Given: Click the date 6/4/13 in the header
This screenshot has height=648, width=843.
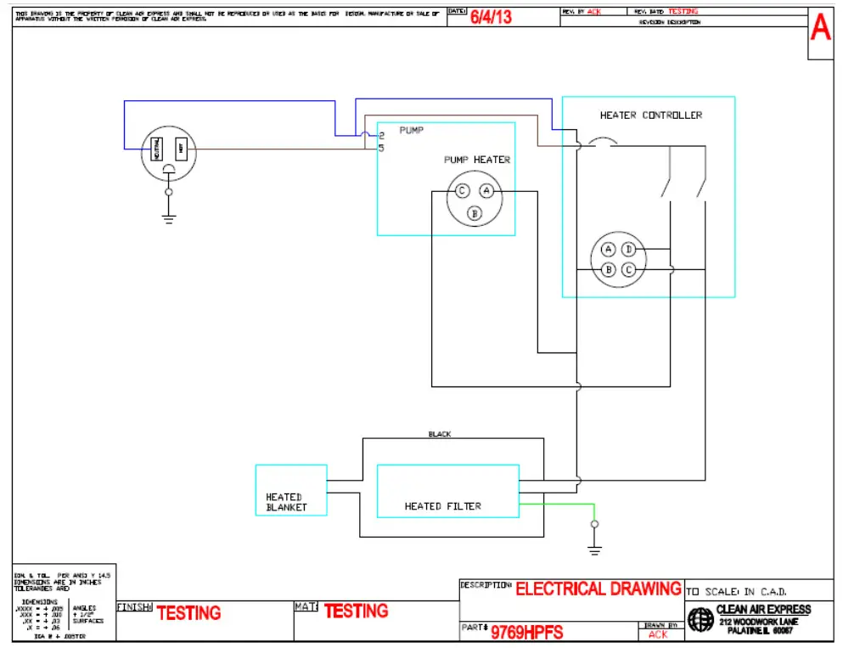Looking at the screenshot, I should (x=492, y=17).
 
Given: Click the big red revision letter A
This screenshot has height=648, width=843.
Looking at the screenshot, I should (x=820, y=29).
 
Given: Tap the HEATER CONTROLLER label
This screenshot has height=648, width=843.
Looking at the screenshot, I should (x=650, y=116).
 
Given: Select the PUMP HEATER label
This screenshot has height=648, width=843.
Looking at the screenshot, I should (x=477, y=160).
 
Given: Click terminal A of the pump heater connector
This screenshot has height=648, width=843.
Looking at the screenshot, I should (x=486, y=191).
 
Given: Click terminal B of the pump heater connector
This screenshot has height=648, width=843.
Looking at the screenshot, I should (x=475, y=212).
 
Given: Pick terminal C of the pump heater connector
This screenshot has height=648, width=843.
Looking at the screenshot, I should (x=462, y=191).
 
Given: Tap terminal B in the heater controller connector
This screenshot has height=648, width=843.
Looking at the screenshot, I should (x=609, y=270).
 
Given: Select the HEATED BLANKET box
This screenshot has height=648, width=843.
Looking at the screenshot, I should (x=290, y=490).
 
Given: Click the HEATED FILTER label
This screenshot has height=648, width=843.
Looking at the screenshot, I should (x=442, y=506).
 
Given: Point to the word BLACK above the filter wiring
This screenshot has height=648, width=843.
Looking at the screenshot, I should (x=440, y=434).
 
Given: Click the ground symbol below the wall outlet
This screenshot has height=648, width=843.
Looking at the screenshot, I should (x=168, y=218).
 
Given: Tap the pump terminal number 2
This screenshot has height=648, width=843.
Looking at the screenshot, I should (x=382, y=135).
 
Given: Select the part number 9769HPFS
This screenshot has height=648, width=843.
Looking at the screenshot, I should (x=526, y=632).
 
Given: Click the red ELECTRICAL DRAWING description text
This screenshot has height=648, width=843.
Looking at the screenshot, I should (x=599, y=589).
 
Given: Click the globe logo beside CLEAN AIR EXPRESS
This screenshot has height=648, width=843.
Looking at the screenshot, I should (x=701, y=619).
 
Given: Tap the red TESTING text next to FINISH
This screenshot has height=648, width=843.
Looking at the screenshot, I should (x=188, y=612).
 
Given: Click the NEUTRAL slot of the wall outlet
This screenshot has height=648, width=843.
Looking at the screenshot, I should (x=157, y=150).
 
